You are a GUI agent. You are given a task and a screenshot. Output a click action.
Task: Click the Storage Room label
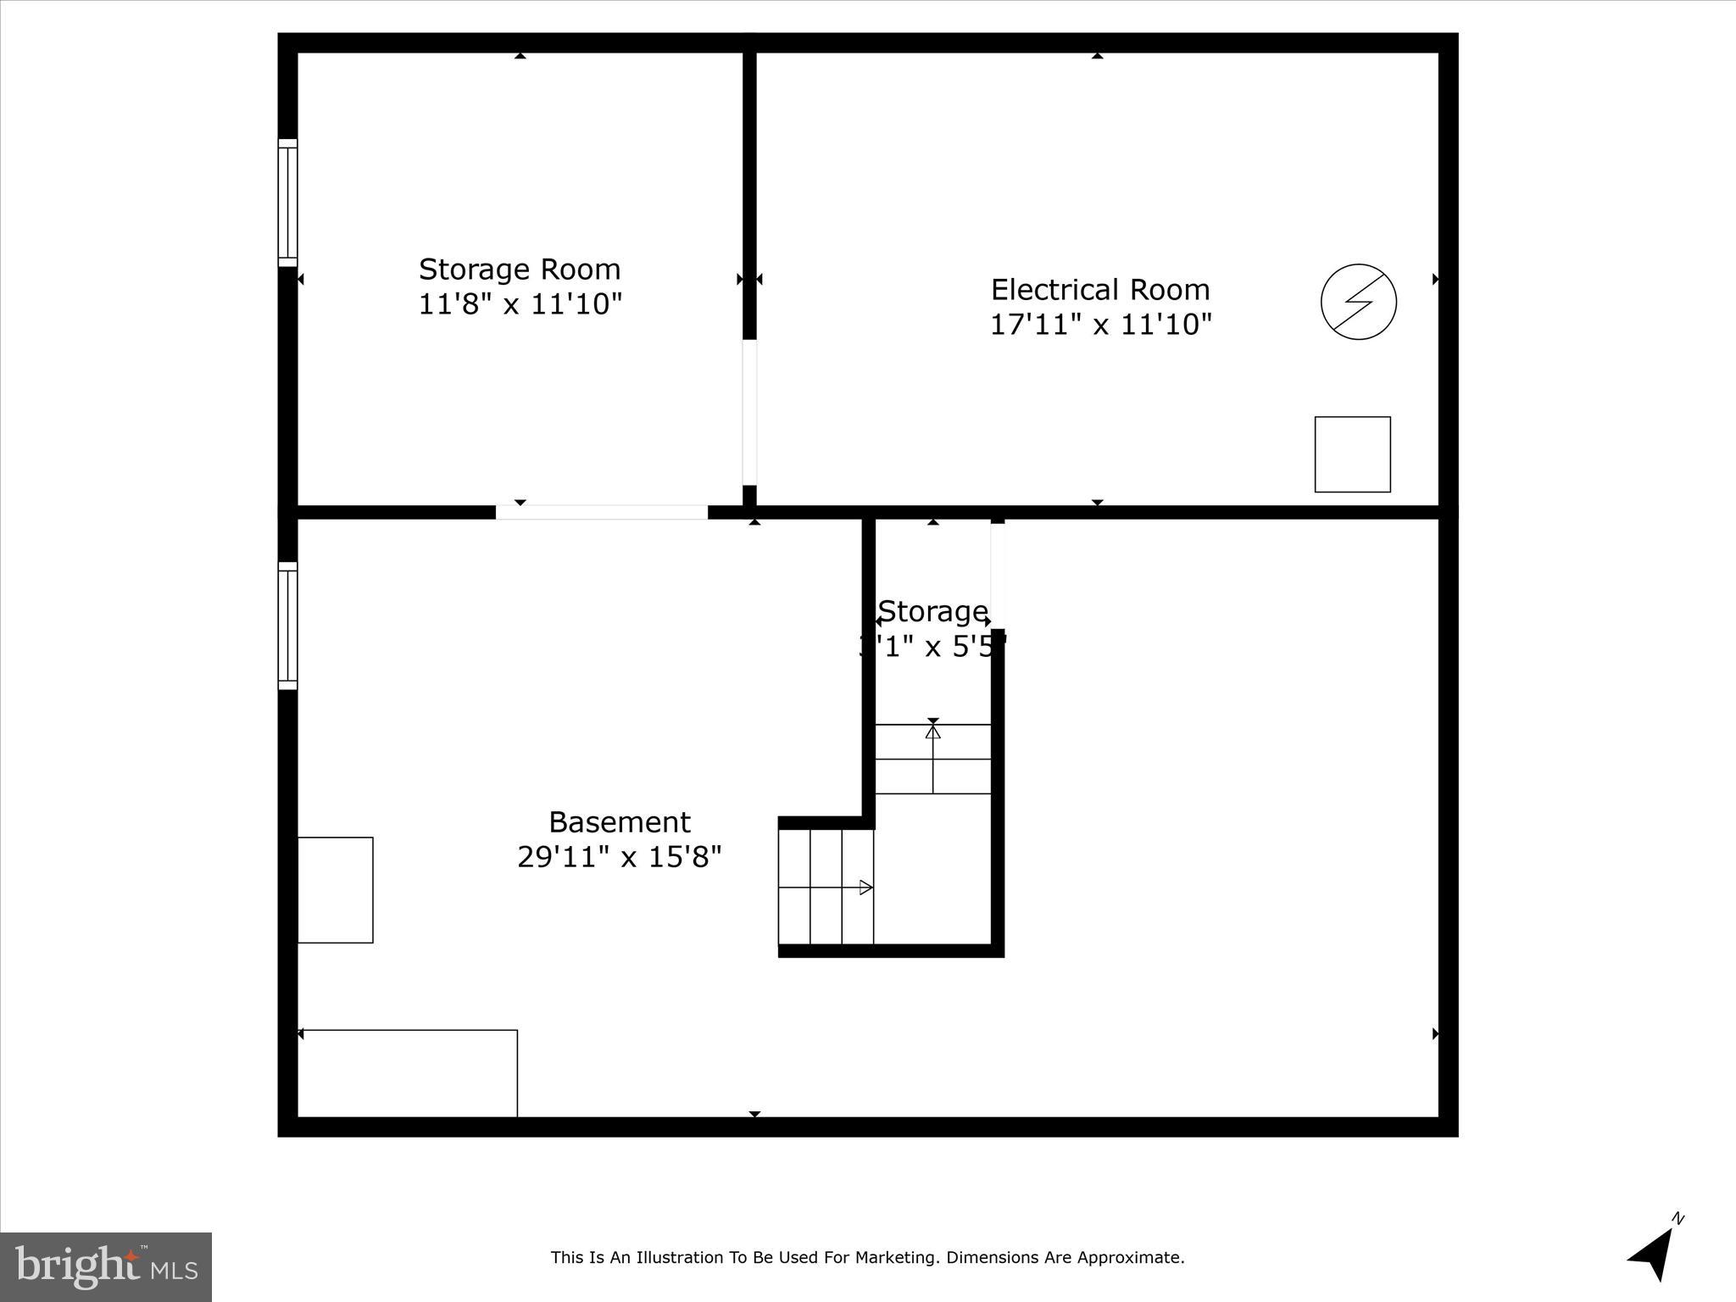pyautogui.click(x=520, y=270)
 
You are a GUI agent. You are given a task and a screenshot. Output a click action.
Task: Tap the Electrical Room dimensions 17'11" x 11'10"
pyautogui.click(x=1100, y=325)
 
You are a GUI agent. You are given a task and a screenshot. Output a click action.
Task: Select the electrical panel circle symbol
pyautogui.click(x=1358, y=302)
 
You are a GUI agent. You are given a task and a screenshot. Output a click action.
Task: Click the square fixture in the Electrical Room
pyautogui.click(x=1352, y=454)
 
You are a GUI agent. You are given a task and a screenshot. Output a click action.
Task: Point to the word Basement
pyautogui.click(x=620, y=822)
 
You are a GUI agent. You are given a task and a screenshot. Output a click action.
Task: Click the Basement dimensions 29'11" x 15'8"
pyautogui.click(x=620, y=857)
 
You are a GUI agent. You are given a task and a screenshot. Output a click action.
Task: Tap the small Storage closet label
pyautogui.click(x=932, y=611)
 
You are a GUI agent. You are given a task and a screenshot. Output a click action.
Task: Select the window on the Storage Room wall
pyautogui.click(x=288, y=203)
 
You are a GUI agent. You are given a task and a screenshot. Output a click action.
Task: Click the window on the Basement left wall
pyautogui.click(x=288, y=626)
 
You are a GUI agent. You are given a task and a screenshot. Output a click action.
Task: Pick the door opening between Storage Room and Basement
pyautogui.click(x=601, y=512)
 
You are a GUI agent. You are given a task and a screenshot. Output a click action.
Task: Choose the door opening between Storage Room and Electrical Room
pyautogui.click(x=749, y=412)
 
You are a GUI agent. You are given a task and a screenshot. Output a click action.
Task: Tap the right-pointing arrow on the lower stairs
pyautogui.click(x=865, y=887)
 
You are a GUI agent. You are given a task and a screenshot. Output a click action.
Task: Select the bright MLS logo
pyautogui.click(x=106, y=1266)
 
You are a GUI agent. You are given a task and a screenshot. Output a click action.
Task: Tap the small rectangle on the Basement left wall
pyautogui.click(x=336, y=890)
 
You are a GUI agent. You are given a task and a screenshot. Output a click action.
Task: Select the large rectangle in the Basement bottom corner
pyautogui.click(x=408, y=1073)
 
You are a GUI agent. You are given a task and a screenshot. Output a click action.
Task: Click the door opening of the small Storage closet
pyautogui.click(x=998, y=576)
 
